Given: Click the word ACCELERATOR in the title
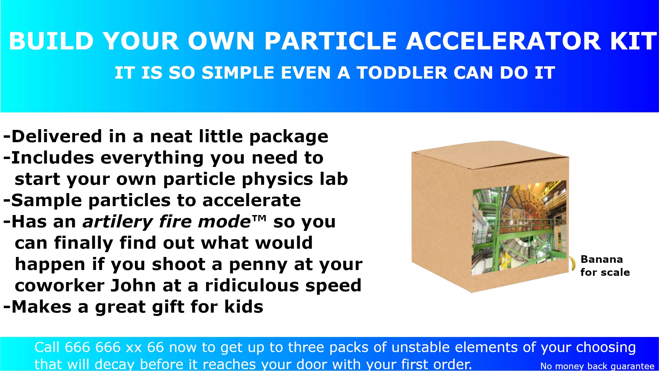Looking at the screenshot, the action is coord(504,41).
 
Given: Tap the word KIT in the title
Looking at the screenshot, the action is coord(634,41).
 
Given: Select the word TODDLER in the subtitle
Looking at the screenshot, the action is coord(402,73).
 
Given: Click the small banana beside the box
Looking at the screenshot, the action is coord(572,263).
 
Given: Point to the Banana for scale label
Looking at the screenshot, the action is coord(605,266).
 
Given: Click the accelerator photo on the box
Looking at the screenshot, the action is coord(519,228).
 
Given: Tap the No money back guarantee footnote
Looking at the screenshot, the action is coord(597,366).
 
